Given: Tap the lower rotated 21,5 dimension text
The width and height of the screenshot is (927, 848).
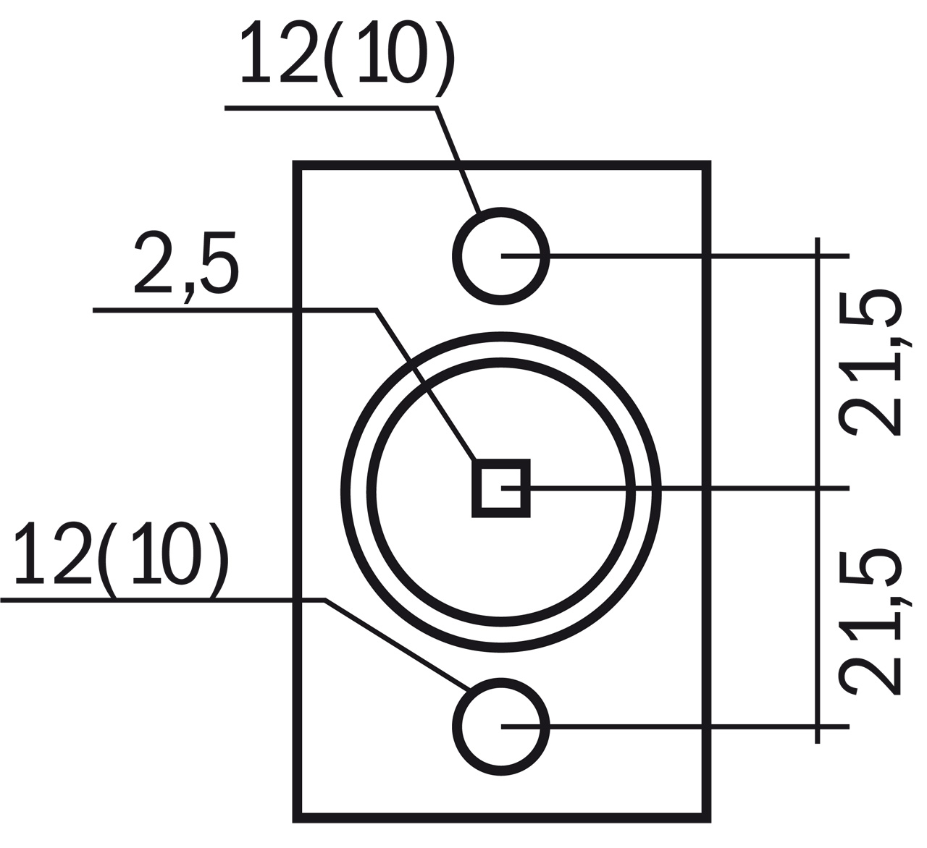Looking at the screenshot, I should point(870,623).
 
